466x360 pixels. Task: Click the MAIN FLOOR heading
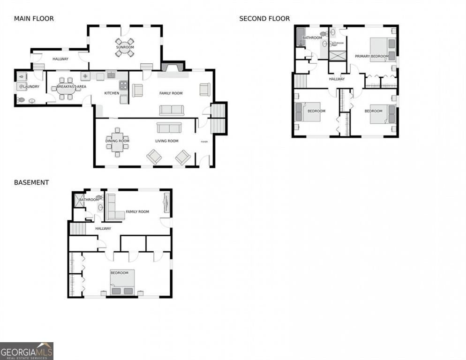point(34,19)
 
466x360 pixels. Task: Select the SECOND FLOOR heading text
point(264,19)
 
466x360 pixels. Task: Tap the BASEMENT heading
point(31,182)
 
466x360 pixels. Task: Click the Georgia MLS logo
point(27,351)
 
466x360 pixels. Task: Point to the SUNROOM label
point(125,47)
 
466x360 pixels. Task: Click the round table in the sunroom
point(125,48)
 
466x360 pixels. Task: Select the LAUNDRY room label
point(30,87)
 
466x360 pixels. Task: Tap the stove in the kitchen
point(123,85)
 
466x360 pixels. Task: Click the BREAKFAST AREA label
point(71,87)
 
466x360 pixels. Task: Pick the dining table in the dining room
point(117,141)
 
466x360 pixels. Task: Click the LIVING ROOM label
point(167,141)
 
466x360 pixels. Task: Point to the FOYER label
point(204,142)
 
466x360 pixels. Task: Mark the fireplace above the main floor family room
point(173,67)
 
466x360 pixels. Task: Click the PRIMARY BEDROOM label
point(371,56)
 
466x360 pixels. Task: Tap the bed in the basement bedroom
point(122,282)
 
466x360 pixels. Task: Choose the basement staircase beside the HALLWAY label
point(78,229)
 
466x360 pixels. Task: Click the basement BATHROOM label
point(89,200)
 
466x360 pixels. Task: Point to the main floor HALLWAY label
point(60,59)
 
